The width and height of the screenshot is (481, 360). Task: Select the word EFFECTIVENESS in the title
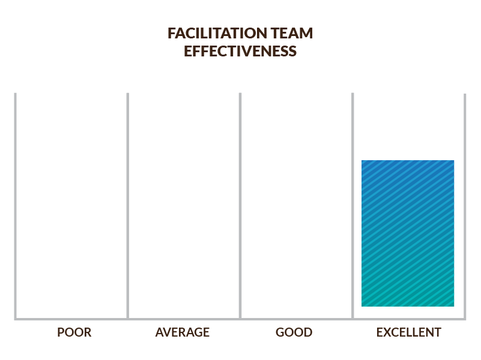pos(240,51)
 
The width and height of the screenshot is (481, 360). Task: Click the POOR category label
pos(74,332)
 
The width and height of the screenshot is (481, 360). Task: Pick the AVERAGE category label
pos(183,332)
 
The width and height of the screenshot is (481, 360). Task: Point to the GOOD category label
pos(294,332)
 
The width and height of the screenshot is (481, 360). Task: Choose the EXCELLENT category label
pos(409,332)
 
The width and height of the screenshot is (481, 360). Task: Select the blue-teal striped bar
pos(408,233)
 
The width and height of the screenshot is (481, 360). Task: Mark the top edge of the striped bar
pos(408,161)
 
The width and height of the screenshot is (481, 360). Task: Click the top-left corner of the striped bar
pos(362,161)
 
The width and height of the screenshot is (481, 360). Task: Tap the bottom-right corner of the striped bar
pos(453,306)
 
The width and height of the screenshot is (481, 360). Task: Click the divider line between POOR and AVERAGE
pos(128,204)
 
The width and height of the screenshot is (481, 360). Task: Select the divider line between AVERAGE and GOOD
pos(240,204)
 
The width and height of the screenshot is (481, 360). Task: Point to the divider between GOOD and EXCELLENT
pos(352,204)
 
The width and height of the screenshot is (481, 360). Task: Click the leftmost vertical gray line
pos(16,204)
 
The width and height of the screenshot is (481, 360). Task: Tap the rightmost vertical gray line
pos(465,204)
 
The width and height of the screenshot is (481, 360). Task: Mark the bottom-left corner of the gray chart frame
pos(16,319)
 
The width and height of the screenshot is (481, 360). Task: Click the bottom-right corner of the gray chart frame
pos(465,319)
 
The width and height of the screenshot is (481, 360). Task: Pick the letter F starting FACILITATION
pos(171,33)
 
